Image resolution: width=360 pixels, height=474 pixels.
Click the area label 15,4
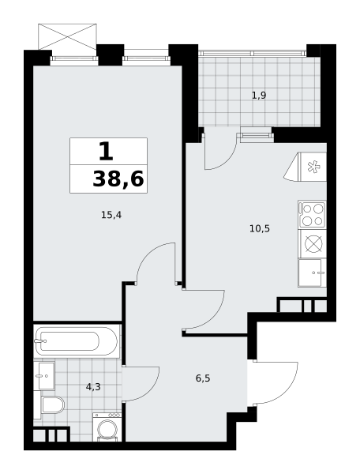pyautogui.click(x=111, y=215)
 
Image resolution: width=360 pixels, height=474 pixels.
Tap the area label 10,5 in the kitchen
pyautogui.click(x=260, y=228)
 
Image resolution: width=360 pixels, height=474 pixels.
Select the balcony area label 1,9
pyautogui.click(x=259, y=96)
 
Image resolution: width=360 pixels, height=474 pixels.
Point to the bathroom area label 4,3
pyautogui.click(x=93, y=386)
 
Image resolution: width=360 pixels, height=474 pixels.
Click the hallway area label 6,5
pyautogui.click(x=203, y=378)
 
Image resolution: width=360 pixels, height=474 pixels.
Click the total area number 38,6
pyautogui.click(x=118, y=179)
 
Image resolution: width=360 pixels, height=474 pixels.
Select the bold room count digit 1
pyautogui.click(x=106, y=152)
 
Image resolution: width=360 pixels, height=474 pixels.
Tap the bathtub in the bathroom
pyautogui.click(x=76, y=341)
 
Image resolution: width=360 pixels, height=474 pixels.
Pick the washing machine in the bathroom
pyautogui.click(x=107, y=427)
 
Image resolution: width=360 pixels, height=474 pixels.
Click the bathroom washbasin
pyautogui.click(x=44, y=376)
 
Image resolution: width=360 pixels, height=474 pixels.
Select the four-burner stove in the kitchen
pyautogui.click(x=312, y=215)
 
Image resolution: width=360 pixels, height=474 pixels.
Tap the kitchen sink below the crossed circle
pyautogui.click(x=312, y=273)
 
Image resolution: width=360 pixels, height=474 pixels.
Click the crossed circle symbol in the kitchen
pyautogui.click(x=313, y=243)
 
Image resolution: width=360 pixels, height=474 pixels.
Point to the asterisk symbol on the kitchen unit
pyautogui.click(x=313, y=167)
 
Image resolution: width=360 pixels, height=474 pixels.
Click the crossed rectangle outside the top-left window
pyautogui.click(x=67, y=36)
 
